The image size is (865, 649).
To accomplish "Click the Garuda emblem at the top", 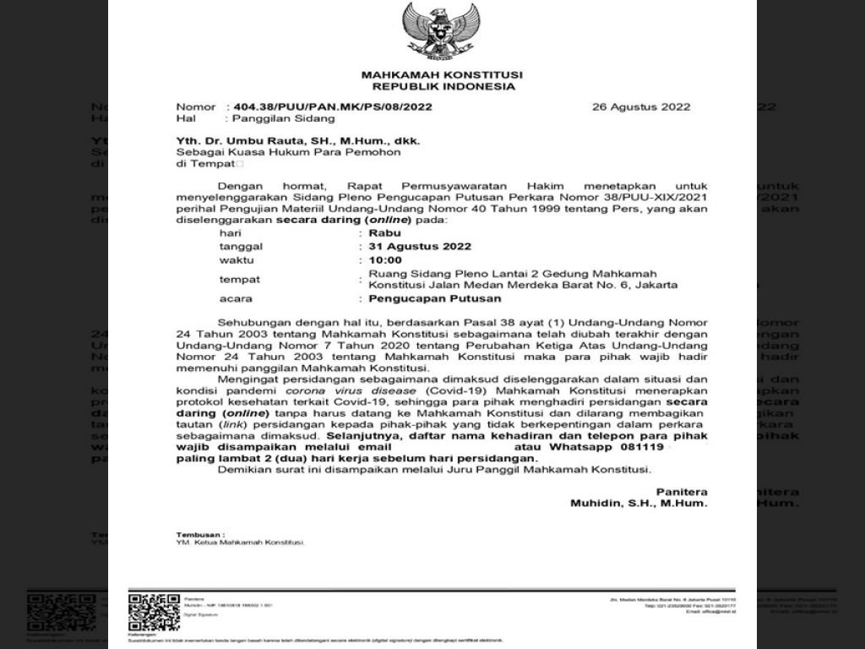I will [x=440, y=31].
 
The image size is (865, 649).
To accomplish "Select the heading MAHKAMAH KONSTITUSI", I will [x=442, y=75].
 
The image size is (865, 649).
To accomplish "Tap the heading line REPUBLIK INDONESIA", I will [x=443, y=86].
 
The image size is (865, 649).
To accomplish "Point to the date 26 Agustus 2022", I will [x=641, y=107].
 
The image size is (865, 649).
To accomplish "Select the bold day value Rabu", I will [x=385, y=232].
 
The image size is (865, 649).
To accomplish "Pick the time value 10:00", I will [x=385, y=260].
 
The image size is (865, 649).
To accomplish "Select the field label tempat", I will [x=240, y=280].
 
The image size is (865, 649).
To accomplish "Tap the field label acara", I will [x=236, y=298].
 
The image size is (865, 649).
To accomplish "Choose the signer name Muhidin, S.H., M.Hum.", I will [x=639, y=503].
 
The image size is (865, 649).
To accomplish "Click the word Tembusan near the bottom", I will [x=199, y=535].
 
